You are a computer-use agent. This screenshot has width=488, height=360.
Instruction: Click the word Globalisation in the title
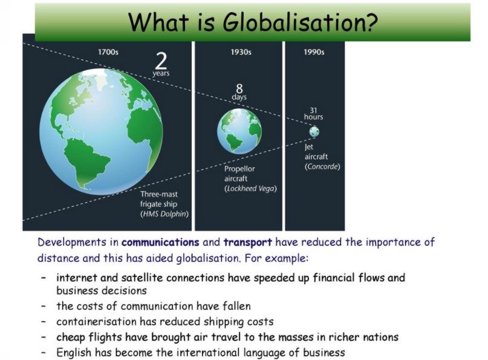click(x=301, y=22)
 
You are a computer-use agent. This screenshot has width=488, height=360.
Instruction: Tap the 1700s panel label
click(x=108, y=51)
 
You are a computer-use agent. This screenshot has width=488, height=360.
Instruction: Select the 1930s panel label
click(x=241, y=51)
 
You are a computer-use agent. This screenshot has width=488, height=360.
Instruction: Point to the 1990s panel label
click(x=314, y=51)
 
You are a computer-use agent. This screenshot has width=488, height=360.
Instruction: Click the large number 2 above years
click(x=161, y=61)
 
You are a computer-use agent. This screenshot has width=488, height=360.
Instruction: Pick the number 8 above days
click(x=239, y=88)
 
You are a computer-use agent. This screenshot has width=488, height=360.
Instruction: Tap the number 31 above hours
click(x=313, y=110)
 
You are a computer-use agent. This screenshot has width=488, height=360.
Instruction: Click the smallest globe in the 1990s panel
click(x=314, y=131)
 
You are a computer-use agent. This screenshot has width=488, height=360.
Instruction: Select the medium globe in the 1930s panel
click(x=239, y=131)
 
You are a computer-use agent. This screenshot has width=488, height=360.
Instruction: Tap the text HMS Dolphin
click(x=164, y=214)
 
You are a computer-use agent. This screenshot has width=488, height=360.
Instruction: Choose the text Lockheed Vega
click(x=250, y=189)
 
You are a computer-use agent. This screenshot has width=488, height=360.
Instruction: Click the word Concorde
click(x=322, y=166)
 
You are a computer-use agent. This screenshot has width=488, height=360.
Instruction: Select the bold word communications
click(x=160, y=242)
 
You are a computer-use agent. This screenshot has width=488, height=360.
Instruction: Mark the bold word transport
click(x=248, y=242)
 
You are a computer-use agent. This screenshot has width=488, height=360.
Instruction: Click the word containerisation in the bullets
click(x=96, y=321)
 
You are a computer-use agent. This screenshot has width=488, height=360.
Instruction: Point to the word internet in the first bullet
click(x=77, y=278)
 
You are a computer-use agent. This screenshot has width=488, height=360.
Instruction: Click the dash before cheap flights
click(x=44, y=337)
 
